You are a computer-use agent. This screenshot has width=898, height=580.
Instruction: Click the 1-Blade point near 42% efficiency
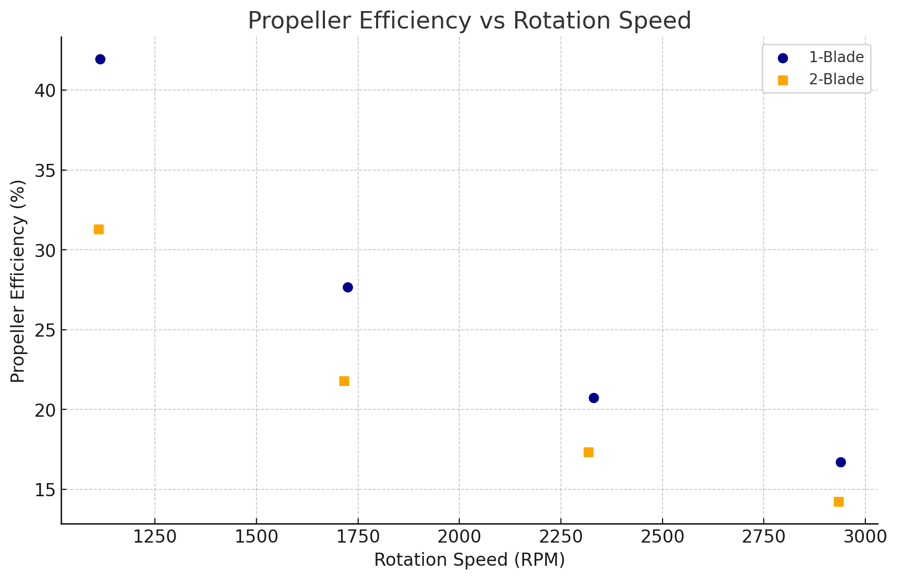[100, 59]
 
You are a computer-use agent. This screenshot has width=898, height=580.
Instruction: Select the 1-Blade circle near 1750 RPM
[348, 287]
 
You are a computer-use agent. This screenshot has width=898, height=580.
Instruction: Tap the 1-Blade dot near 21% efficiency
[594, 398]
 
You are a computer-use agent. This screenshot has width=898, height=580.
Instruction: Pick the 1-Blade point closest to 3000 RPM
[841, 462]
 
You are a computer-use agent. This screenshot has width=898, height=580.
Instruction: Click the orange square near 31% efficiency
[98, 229]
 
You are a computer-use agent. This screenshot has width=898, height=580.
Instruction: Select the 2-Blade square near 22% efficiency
[344, 381]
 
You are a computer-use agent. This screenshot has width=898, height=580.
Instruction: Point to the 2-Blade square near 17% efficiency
[588, 452]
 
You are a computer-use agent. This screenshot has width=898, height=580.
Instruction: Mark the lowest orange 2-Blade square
[838, 502]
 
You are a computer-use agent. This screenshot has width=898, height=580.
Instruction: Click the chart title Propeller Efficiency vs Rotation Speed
[469, 21]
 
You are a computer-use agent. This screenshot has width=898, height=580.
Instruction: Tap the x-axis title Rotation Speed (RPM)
[469, 560]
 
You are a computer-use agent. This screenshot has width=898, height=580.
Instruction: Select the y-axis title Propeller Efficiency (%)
[18, 281]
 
